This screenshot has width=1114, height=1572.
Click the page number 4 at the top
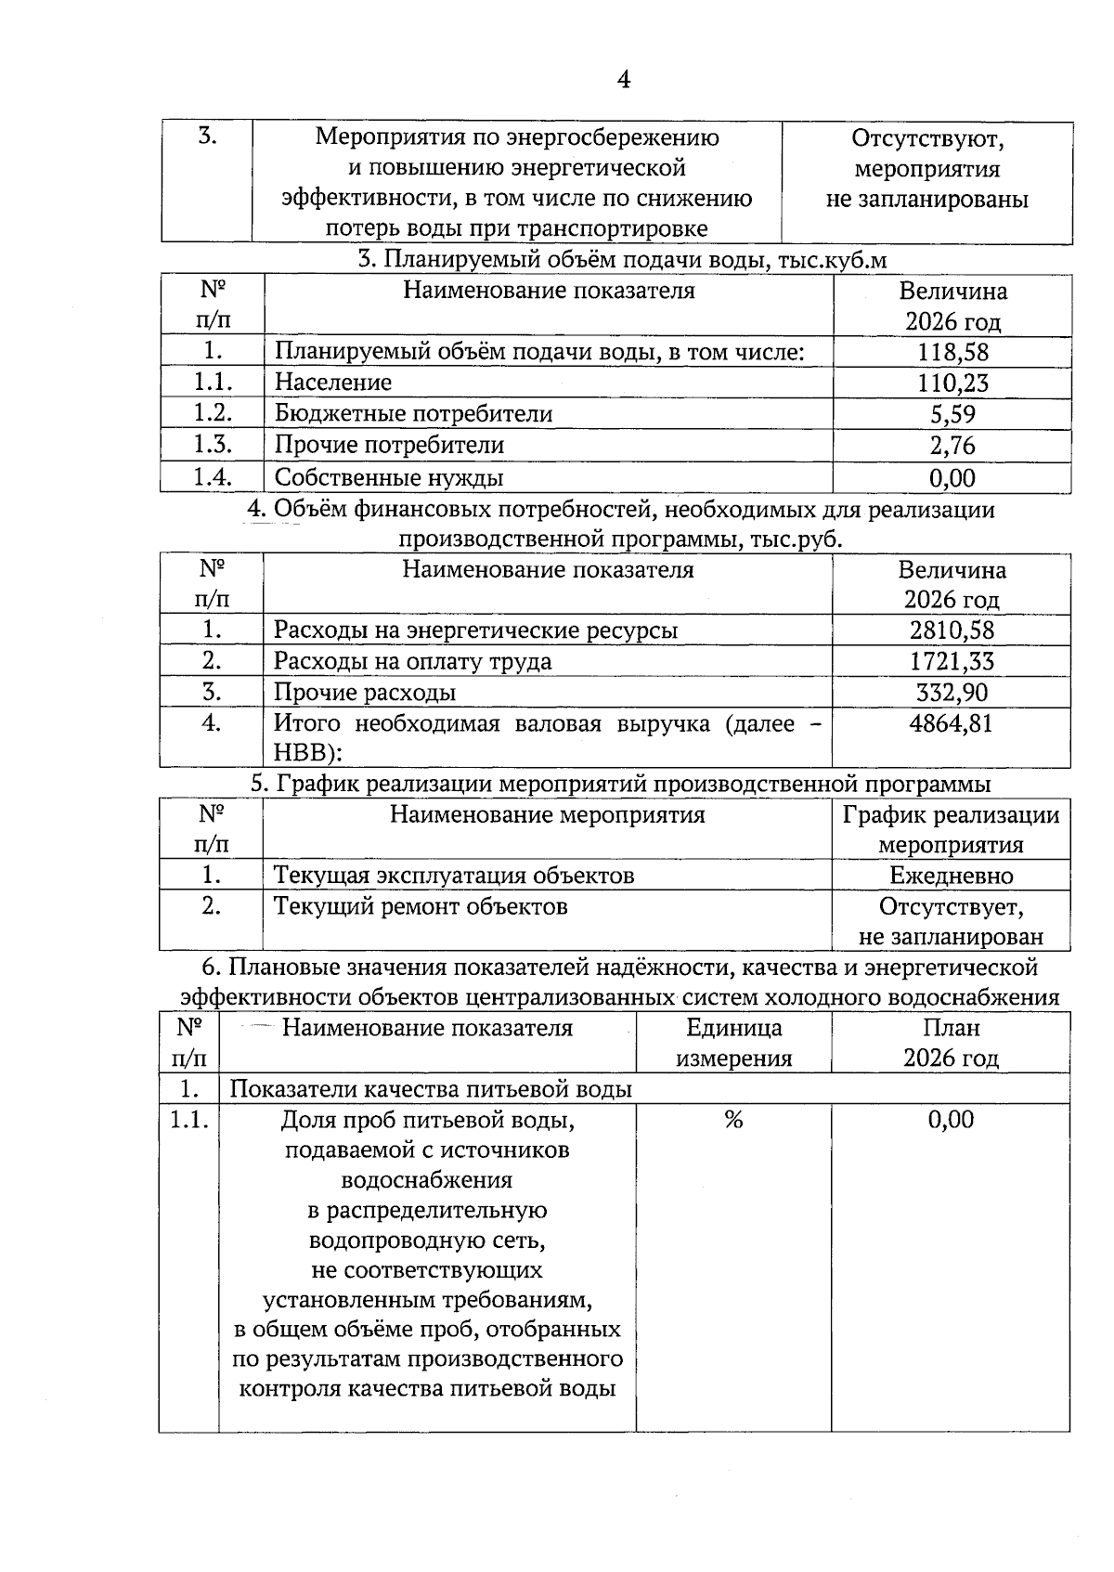point(624,81)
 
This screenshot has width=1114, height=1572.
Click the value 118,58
point(952,352)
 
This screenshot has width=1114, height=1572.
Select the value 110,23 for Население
point(952,383)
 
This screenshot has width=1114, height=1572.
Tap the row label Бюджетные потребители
point(413,414)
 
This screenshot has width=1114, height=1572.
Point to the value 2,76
point(952,445)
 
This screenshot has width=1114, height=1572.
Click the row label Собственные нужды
point(389,477)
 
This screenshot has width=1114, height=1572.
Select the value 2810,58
point(952,630)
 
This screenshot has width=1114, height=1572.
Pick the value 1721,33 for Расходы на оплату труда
point(952,661)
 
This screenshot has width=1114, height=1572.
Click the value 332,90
point(952,692)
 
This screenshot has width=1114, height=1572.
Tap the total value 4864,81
point(952,723)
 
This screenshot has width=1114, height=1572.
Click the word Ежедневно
point(952,876)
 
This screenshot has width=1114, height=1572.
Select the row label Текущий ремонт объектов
point(421,906)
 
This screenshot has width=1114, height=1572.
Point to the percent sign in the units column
point(733,1120)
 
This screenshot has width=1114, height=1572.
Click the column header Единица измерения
point(733,1043)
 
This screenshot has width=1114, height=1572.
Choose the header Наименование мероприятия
point(547,815)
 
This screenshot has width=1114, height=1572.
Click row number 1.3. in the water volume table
point(212,445)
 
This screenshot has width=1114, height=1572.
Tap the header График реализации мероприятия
point(951,830)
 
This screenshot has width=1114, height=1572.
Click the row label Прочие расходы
point(364,693)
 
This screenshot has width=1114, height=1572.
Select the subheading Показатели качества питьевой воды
point(431,1089)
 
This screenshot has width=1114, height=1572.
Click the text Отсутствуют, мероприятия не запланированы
point(927,169)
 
